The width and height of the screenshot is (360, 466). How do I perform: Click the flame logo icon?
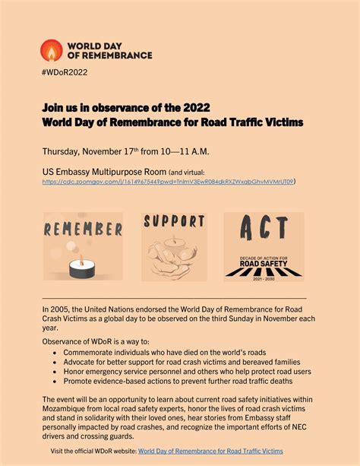point(52,50)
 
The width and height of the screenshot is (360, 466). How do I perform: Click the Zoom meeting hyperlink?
point(168,182)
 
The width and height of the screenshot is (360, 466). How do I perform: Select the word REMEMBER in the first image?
point(84,229)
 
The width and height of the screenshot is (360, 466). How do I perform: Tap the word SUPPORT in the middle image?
point(174,222)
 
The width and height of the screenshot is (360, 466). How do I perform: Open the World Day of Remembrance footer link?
point(210,452)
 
